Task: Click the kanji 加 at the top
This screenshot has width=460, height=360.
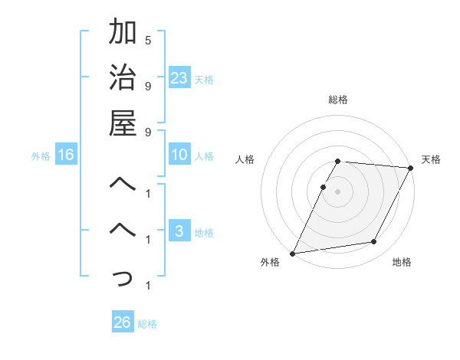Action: [123, 33]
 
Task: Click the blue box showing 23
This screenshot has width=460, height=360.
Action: [179, 77]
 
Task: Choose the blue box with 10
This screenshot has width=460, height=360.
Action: [179, 155]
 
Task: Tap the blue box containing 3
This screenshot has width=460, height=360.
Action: [179, 232]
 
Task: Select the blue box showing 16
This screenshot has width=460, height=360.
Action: [66, 155]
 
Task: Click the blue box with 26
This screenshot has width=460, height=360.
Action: [123, 322]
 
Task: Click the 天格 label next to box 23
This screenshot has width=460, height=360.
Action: [204, 79]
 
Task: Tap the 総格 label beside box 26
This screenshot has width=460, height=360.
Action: [147, 324]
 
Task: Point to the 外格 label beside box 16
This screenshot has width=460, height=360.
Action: [41, 156]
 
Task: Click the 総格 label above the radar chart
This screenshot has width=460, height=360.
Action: [338, 100]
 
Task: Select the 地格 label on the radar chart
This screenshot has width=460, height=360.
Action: [402, 262]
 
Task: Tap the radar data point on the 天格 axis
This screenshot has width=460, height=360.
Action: [410, 168]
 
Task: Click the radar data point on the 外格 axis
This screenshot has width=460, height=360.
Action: [292, 253]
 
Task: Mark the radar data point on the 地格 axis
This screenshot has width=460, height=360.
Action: [374, 242]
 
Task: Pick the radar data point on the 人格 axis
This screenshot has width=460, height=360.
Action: [324, 187]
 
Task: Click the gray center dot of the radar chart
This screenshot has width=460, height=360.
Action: [338, 191]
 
